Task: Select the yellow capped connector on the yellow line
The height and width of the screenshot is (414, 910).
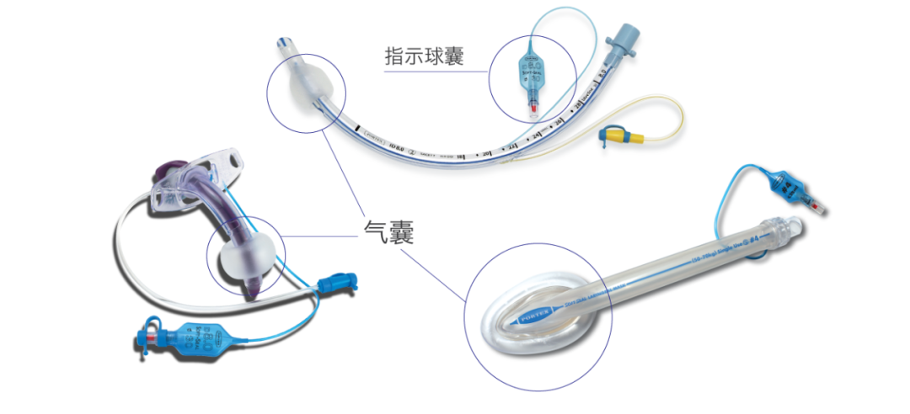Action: click(619, 134)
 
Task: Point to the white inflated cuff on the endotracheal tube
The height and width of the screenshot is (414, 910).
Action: click(303, 88)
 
